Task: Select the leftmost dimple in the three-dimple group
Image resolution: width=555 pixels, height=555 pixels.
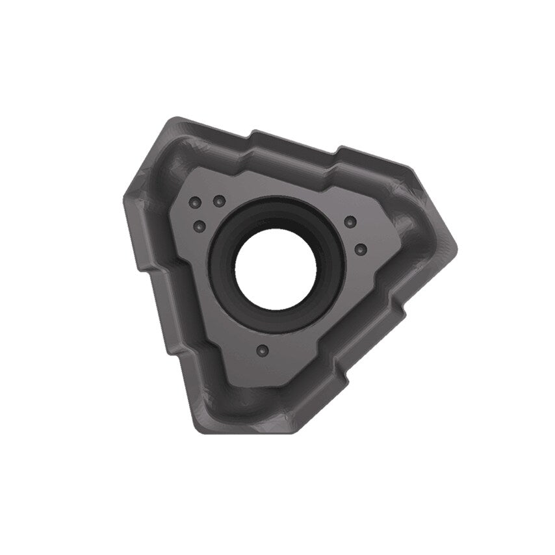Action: click(193, 203)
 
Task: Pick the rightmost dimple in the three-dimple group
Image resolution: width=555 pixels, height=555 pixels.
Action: click(220, 200)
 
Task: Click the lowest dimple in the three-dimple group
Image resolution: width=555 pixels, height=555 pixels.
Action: click(200, 226)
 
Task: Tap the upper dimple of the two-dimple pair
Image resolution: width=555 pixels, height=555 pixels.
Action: click(350, 223)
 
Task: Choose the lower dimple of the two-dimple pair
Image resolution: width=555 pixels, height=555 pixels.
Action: click(362, 249)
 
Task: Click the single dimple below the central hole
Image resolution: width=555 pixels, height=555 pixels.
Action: click(262, 350)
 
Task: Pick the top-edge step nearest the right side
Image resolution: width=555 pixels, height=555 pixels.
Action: click(337, 151)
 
